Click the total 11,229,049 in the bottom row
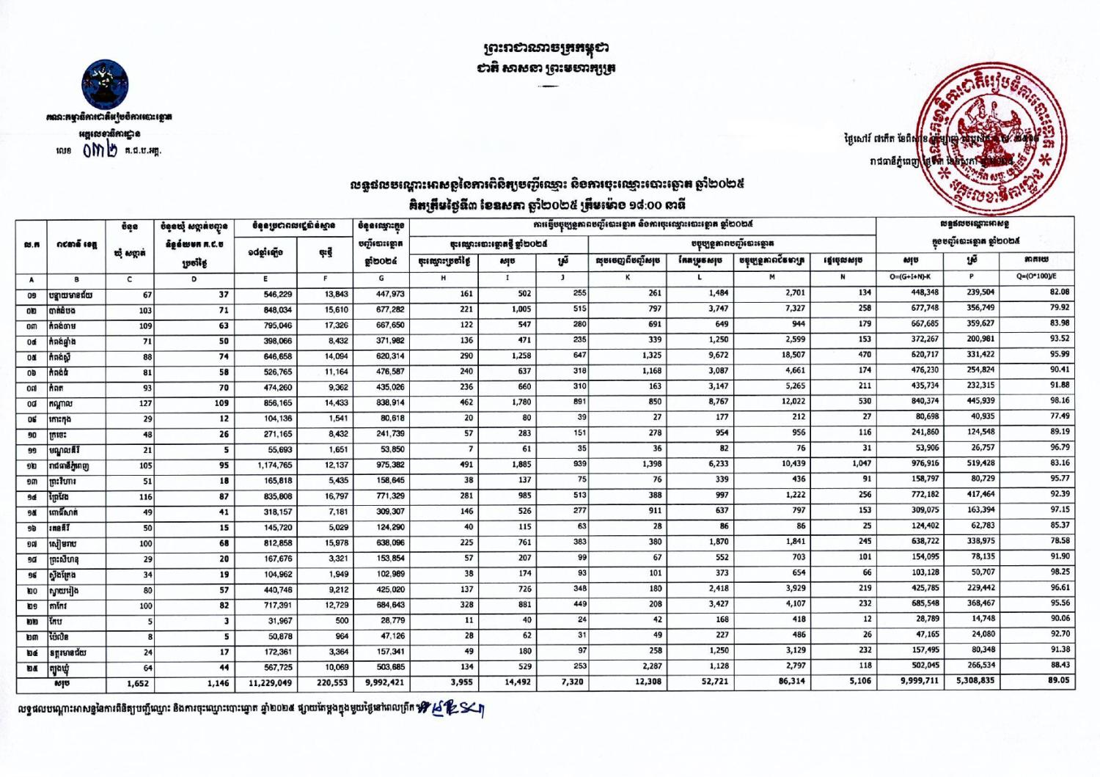[x=271, y=682]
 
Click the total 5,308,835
[x=975, y=681]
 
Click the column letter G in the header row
[x=381, y=279]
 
